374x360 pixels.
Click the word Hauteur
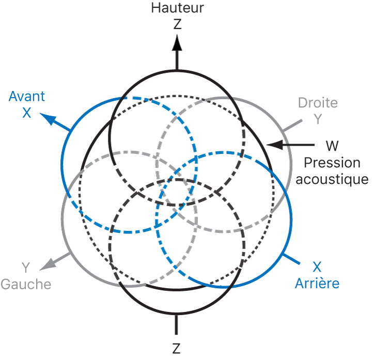(177, 8)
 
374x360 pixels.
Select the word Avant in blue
(27, 96)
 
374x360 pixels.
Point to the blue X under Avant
(27, 113)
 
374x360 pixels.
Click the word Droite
(318, 102)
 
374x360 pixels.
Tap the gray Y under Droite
(318, 119)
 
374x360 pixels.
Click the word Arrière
(317, 283)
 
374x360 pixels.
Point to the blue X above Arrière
(317, 267)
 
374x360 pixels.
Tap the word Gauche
(26, 284)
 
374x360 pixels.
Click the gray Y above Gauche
(25, 267)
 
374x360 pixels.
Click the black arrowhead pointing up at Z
(177, 42)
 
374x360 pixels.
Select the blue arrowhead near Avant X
(48, 119)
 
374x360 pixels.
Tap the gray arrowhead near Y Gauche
(48, 264)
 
